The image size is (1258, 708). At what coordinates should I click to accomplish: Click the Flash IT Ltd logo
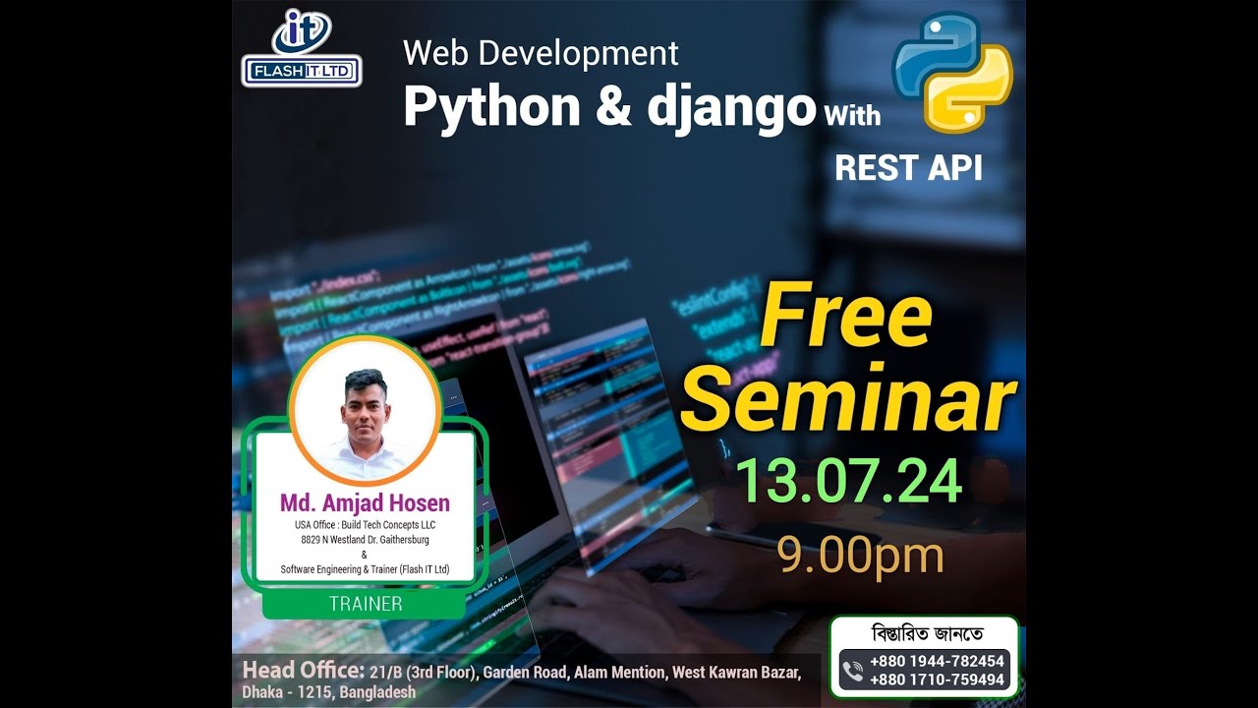[x=302, y=49]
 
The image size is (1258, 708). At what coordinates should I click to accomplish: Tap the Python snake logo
[x=951, y=72]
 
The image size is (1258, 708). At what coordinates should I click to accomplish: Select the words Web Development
[x=541, y=53]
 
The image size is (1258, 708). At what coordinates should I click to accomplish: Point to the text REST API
[x=908, y=167]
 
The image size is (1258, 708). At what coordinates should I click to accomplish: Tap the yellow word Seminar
[x=847, y=398]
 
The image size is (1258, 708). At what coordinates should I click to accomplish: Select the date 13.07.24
[x=847, y=482]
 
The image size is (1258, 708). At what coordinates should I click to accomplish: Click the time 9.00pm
[x=860, y=555]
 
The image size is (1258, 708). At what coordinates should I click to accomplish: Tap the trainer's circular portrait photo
[x=365, y=411]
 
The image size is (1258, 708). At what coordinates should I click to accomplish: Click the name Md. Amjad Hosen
[x=365, y=503]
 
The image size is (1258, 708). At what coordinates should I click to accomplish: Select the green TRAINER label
[x=365, y=604]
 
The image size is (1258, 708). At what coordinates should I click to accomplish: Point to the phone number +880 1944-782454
[x=937, y=662]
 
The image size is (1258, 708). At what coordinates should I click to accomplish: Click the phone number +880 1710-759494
[x=937, y=679]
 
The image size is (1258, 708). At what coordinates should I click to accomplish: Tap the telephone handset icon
[x=852, y=671]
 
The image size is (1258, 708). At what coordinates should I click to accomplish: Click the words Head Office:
[x=303, y=672]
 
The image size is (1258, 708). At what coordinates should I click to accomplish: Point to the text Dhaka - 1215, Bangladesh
[x=328, y=692]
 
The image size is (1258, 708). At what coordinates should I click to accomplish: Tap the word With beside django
[x=851, y=116]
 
